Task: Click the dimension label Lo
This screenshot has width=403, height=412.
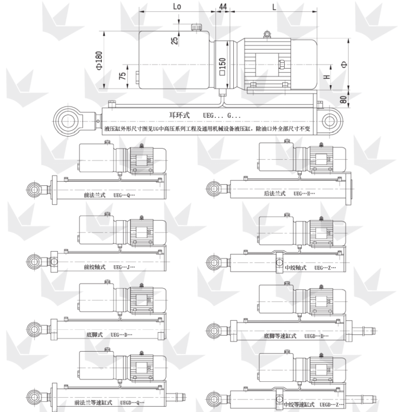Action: (x=177, y=6)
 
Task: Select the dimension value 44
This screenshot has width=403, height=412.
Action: (x=223, y=6)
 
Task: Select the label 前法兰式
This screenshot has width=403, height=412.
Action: (x=95, y=194)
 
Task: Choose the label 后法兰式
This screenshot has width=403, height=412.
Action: (x=275, y=194)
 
